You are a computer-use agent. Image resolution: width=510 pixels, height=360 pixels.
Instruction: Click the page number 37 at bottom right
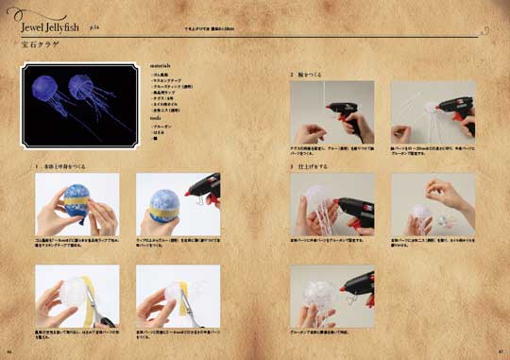click(x=499, y=351)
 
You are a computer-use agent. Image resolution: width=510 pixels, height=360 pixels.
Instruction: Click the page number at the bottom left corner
click(x=9, y=351)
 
